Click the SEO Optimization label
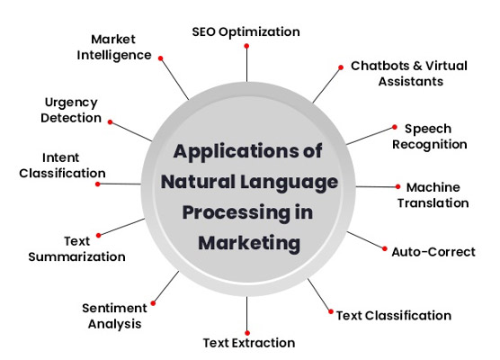(246, 32)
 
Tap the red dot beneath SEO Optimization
(246, 46)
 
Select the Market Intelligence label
(114, 47)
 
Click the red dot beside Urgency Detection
(110, 122)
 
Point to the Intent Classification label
(62, 166)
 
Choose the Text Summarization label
(76, 249)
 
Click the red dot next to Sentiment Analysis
(153, 303)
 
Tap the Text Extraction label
(249, 343)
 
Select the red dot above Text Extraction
(247, 333)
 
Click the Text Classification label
(394, 316)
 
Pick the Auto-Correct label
(433, 252)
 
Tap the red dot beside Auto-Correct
(385, 248)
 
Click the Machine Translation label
(433, 195)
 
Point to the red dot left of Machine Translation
(398, 186)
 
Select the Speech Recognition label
(430, 137)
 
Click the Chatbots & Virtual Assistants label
(409, 74)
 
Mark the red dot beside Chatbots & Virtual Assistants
(341, 67)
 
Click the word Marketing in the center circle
(249, 243)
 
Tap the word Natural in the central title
(198, 181)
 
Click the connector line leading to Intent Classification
(120, 184)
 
